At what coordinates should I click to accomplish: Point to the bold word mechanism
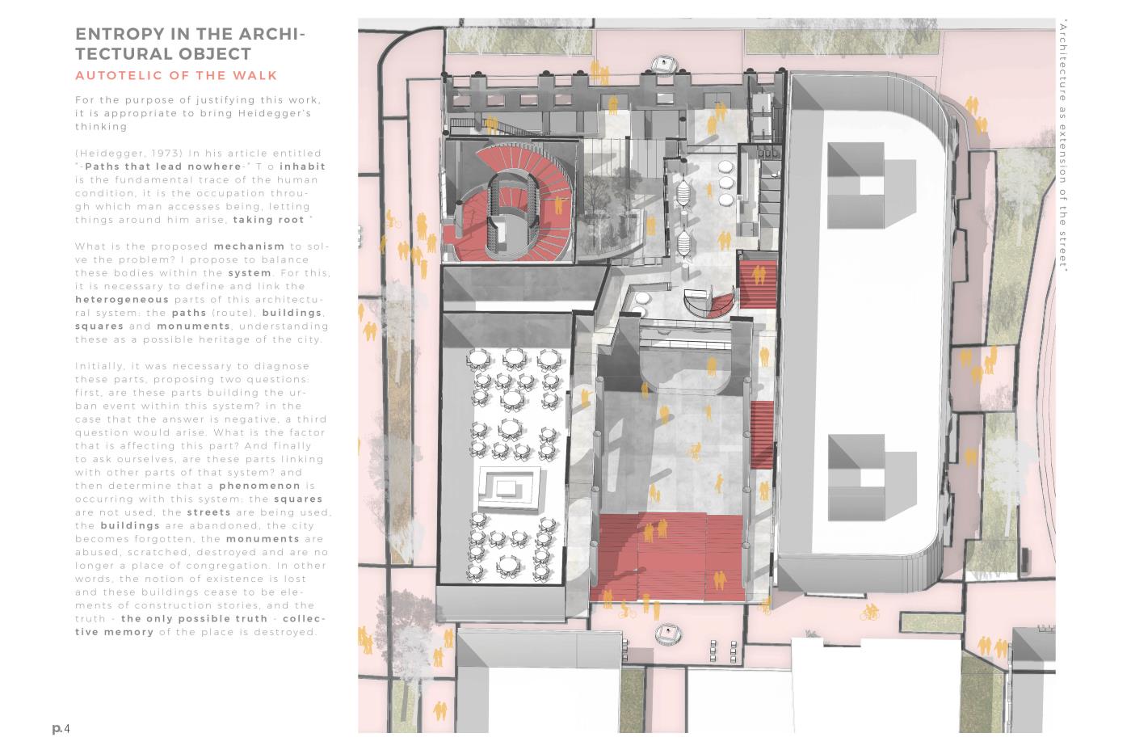pyautogui.click(x=249, y=246)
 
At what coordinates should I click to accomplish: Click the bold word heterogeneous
pyautogui.click(x=122, y=300)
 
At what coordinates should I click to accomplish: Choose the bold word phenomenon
pyautogui.click(x=259, y=486)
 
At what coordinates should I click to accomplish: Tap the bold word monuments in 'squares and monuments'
pyautogui.click(x=193, y=326)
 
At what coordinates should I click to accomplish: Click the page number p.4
pyautogui.click(x=61, y=728)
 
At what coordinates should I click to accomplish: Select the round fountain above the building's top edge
pyautogui.click(x=663, y=64)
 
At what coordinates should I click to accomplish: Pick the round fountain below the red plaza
pyautogui.click(x=668, y=633)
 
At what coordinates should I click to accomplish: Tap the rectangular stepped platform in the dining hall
pyautogui.click(x=510, y=488)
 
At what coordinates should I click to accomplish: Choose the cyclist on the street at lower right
pyautogui.click(x=869, y=612)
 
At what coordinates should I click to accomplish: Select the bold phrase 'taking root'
pyautogui.click(x=268, y=220)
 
